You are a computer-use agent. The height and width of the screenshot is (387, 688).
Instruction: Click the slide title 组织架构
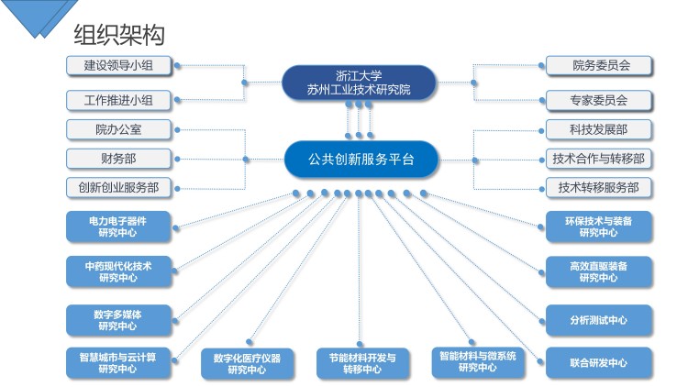pos(119,35)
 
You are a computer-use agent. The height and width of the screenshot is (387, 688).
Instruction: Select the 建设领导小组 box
pos(118,66)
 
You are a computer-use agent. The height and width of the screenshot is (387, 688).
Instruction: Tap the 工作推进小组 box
pos(118,101)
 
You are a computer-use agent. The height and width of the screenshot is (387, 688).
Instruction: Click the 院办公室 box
pos(118,130)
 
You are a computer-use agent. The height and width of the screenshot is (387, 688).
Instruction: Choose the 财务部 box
pos(118,159)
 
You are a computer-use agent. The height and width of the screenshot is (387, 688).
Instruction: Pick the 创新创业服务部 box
pos(118,188)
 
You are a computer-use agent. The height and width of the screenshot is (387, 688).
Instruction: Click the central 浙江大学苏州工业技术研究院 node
pos(359,83)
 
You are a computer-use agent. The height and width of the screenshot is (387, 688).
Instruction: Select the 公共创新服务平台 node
pos(361,160)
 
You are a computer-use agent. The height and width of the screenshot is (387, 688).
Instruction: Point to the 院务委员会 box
pos(599,66)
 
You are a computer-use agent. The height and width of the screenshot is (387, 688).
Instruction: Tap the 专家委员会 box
pos(599,101)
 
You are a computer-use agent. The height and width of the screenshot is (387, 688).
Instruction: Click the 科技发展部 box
pos(599,130)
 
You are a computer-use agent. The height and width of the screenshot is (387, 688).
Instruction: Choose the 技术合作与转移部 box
pos(599,159)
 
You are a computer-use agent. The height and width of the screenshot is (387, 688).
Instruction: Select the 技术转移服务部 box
pos(599,188)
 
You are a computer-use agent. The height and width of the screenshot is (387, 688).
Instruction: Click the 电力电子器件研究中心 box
pos(118,227)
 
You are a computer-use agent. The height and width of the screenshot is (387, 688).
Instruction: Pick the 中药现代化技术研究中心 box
pos(118,271)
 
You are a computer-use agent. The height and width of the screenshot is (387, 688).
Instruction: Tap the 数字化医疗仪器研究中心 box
pos(247,364)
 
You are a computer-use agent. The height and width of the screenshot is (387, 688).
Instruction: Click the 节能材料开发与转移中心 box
pos(362,364)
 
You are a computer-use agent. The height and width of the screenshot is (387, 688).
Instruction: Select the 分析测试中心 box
pos(599,320)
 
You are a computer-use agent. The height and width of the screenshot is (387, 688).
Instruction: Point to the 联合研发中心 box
pos(599,363)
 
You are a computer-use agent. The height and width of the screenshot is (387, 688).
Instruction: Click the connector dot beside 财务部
pos(177,160)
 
